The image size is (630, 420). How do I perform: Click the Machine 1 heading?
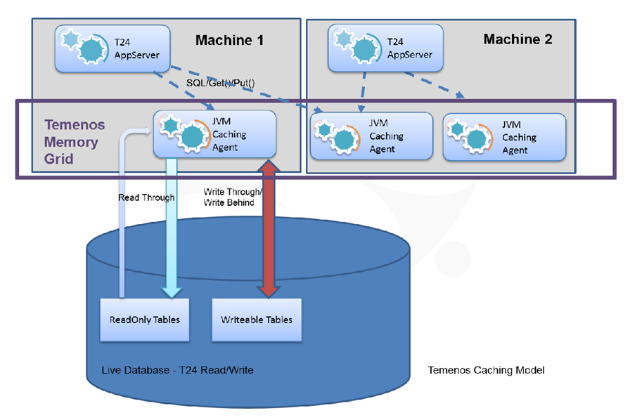point(229,40)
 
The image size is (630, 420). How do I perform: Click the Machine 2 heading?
point(517,39)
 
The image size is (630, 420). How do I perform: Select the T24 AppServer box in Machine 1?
point(112,48)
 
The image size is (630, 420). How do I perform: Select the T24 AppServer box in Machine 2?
point(385,48)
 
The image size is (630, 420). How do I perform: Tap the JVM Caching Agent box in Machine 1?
point(214,133)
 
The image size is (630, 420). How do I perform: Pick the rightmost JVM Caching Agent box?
point(504,136)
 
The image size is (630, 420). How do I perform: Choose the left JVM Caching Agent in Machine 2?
point(372,136)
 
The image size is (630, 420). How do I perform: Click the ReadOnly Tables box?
point(145,320)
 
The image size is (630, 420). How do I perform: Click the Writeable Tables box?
point(257,320)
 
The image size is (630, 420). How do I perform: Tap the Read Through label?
point(146,197)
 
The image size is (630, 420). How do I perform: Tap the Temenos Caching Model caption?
point(486,369)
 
